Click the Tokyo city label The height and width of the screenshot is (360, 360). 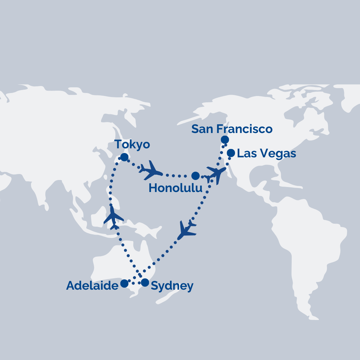click(132, 145)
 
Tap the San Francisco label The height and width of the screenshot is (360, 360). click(232, 129)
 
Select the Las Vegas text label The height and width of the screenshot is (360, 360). click(266, 153)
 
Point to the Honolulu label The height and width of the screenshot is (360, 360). click(175, 188)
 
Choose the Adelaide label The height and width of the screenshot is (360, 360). click(92, 286)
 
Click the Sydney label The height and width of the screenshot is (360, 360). click(172, 286)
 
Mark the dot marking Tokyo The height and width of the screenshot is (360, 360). click(124, 157)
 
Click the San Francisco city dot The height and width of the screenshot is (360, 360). click(225, 139)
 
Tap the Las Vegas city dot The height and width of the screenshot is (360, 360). click(231, 153)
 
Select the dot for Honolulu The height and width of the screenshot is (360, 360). click(196, 176)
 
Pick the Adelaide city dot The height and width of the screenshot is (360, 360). click(124, 283)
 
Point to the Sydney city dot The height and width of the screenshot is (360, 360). click(145, 283)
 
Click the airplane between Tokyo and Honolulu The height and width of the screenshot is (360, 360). click(151, 171)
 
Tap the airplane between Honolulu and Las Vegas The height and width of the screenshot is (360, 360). click(216, 174)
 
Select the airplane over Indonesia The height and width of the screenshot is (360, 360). click(113, 217)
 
